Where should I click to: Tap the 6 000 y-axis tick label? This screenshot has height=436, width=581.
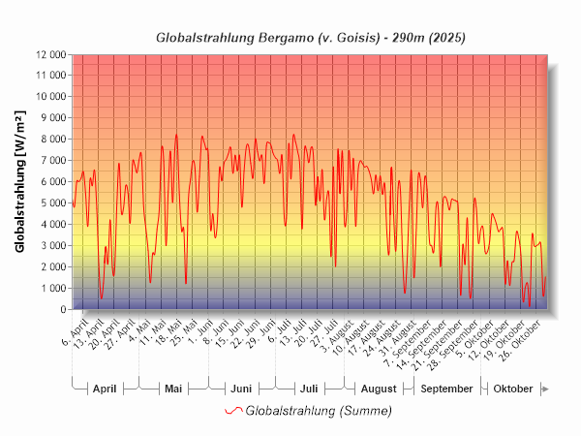tap(49, 182)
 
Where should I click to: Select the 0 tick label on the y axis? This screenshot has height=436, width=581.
tap(61, 310)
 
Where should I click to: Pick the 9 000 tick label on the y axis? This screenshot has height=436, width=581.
tap(49, 118)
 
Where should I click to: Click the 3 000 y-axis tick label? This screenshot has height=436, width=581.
tap(49, 246)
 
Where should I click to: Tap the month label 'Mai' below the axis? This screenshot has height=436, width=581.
tap(173, 389)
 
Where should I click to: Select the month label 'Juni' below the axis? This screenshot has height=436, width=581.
tap(241, 389)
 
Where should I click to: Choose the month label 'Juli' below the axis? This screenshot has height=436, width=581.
tap(309, 389)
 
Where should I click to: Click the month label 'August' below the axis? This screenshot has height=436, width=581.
tap(379, 389)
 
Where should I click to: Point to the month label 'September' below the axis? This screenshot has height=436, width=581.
tap(447, 389)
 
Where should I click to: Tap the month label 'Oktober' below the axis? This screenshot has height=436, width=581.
tap(513, 389)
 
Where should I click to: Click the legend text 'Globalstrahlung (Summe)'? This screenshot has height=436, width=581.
tap(319, 411)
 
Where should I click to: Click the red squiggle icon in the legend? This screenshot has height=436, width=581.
tap(233, 411)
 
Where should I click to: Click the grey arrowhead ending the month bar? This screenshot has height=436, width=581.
tap(545, 389)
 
